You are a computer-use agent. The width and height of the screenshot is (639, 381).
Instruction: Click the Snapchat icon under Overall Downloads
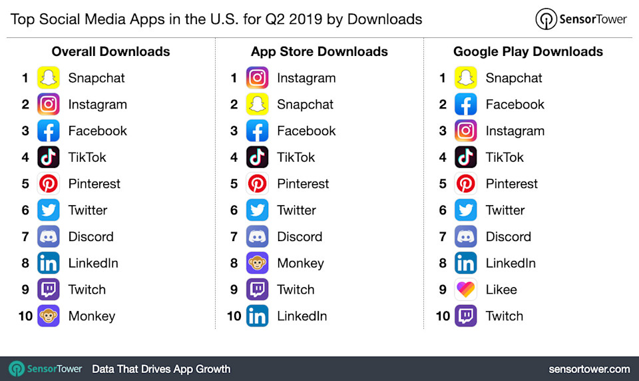point(48,78)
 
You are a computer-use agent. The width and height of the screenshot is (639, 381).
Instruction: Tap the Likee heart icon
point(465,290)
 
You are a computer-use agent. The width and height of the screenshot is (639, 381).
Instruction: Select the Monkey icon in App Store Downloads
point(257,263)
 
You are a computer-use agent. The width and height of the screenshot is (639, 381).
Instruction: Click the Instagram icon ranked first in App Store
point(257,78)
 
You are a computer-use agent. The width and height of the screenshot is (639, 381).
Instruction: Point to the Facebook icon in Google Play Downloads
point(465,105)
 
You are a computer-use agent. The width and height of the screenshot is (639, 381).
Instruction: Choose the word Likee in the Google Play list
point(501,290)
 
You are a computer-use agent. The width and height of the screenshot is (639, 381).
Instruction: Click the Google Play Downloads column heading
point(528,51)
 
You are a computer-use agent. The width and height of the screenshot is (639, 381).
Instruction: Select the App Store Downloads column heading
point(319,51)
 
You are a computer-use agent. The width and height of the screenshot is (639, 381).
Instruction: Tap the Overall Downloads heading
point(110,51)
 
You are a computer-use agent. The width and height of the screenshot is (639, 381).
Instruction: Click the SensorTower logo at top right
point(581,19)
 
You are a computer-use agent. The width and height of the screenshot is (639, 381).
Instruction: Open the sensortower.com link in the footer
point(589,369)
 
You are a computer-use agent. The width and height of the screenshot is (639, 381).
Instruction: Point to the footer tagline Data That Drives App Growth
point(161,369)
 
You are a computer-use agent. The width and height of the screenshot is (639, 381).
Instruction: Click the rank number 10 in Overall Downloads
point(25,316)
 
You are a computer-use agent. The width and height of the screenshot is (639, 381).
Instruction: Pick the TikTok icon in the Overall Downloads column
point(48,157)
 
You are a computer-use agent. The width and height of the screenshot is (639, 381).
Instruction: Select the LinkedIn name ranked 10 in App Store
point(302,316)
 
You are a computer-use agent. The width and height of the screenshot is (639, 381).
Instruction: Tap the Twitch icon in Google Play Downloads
point(465,316)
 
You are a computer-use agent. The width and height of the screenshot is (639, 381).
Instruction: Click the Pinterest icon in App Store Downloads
point(257,184)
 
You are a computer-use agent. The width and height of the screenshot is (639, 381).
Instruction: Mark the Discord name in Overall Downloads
point(91,236)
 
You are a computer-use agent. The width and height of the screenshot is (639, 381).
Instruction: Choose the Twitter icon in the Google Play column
point(465,210)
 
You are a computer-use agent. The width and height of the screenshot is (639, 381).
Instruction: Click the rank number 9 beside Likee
point(443,290)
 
